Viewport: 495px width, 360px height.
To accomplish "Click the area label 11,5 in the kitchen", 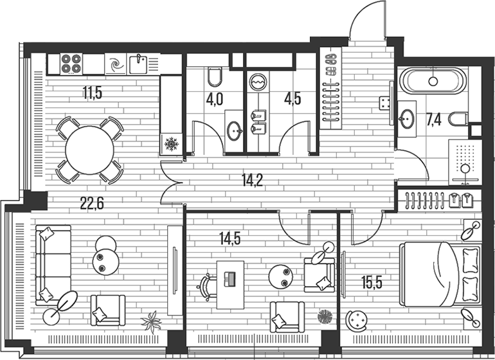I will point(92,92).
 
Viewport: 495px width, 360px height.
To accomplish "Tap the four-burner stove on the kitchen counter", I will point(71,63).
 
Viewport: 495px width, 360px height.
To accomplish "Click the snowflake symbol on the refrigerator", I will point(171,144).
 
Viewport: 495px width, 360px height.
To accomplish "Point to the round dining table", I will point(89,150).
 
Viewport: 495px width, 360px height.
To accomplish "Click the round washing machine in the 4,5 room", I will point(257,82).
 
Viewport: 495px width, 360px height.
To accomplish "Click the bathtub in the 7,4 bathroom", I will point(432,82).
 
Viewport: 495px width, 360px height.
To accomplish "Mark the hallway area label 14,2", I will point(253,180).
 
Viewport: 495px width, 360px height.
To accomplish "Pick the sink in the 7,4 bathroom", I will point(407,118).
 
